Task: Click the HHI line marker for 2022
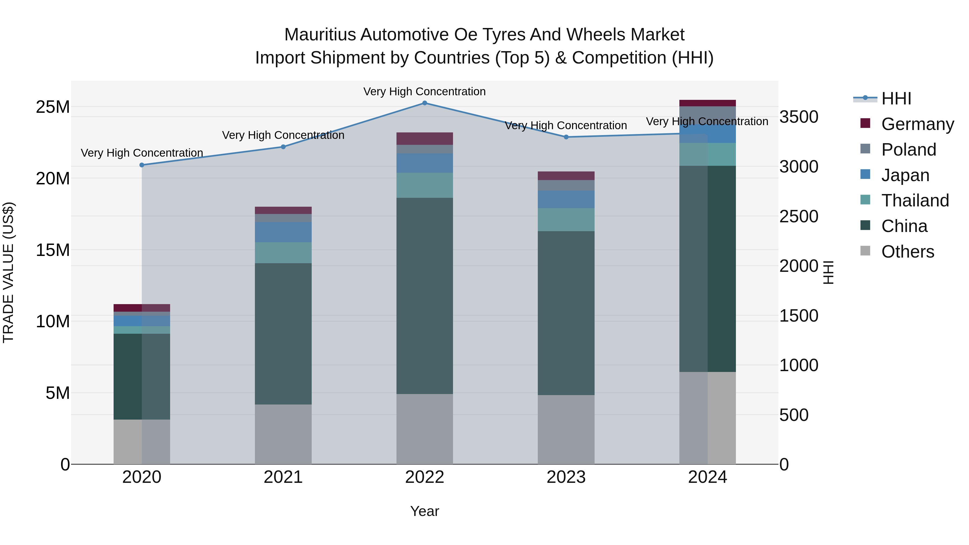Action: pyautogui.click(x=425, y=103)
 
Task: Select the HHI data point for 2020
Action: pyautogui.click(x=142, y=165)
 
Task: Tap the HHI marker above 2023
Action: pyautogui.click(x=566, y=137)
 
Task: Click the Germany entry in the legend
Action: pyautogui.click(x=917, y=124)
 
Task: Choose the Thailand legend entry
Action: pyautogui.click(x=915, y=201)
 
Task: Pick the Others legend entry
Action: pyautogui.click(x=907, y=252)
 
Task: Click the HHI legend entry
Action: pyautogui.click(x=896, y=99)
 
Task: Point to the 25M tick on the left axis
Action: pyautogui.click(x=53, y=107)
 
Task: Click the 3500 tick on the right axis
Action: pyautogui.click(x=799, y=117)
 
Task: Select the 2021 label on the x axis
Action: pyautogui.click(x=283, y=477)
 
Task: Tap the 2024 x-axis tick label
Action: pyautogui.click(x=708, y=477)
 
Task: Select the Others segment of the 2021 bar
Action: pyautogui.click(x=283, y=434)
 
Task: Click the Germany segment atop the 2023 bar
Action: pyautogui.click(x=566, y=176)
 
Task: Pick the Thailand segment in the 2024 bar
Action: pyautogui.click(x=708, y=154)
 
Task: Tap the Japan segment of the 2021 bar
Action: pyautogui.click(x=283, y=232)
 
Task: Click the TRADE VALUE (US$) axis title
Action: pyautogui.click(x=8, y=272)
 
